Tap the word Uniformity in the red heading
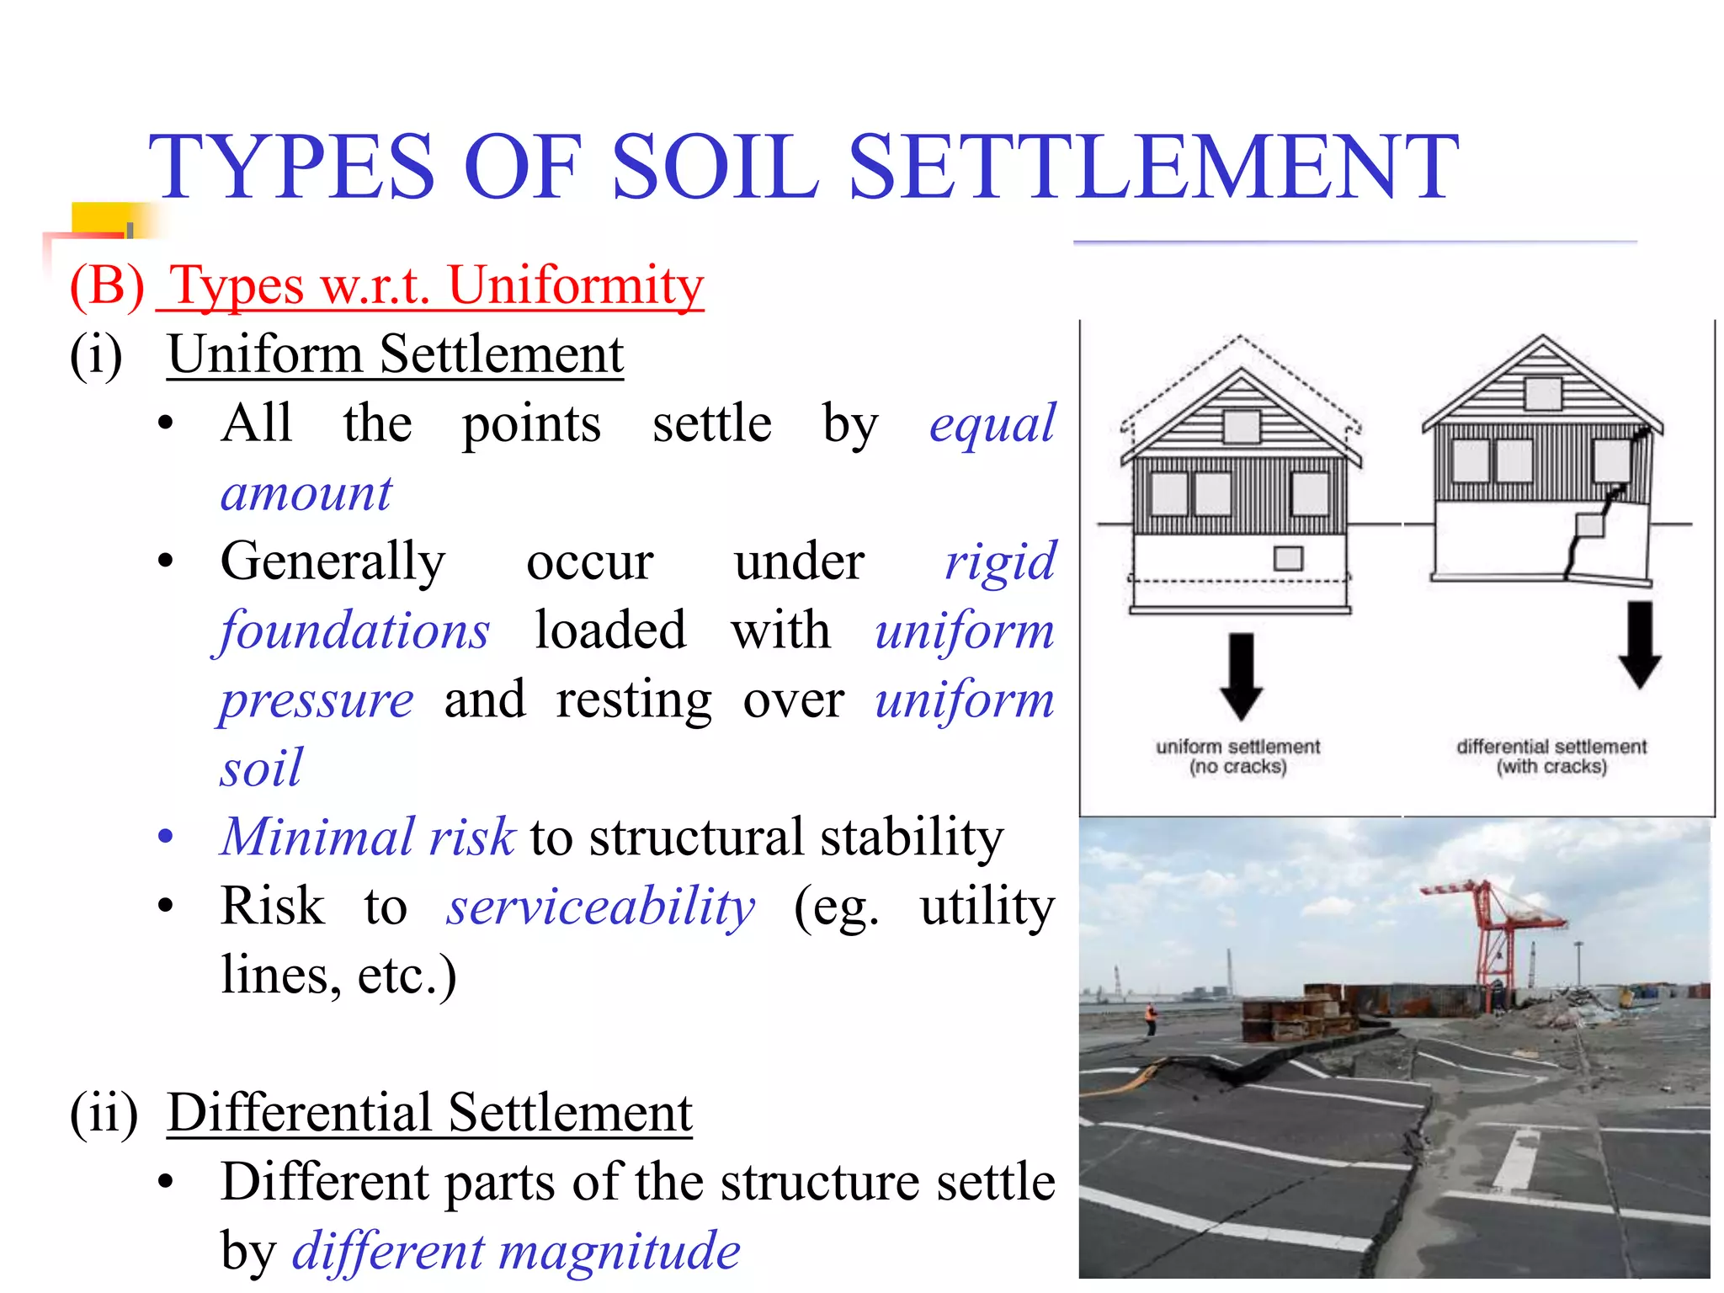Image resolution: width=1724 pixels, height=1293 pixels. coord(576,285)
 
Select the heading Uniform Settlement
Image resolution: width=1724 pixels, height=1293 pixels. coord(395,354)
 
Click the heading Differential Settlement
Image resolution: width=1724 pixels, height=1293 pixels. coord(429,1113)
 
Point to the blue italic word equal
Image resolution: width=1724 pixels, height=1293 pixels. coord(992,423)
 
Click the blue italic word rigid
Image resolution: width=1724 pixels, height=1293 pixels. coord(1000,561)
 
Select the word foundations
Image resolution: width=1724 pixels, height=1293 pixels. coord(354,631)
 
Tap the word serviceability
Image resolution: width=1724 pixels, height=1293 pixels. coord(601,907)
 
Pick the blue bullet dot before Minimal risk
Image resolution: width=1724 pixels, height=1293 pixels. coord(166,837)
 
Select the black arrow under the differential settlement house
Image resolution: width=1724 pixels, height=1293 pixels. coord(1639,645)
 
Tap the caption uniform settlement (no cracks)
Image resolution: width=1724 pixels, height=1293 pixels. coord(1237,756)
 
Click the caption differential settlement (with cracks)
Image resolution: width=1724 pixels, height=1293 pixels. coord(1551,756)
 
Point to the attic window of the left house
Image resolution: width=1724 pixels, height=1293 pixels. coord(1241,427)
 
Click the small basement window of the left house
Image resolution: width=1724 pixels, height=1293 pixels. coord(1288,558)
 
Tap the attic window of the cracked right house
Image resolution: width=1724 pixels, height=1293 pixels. coord(1543,393)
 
